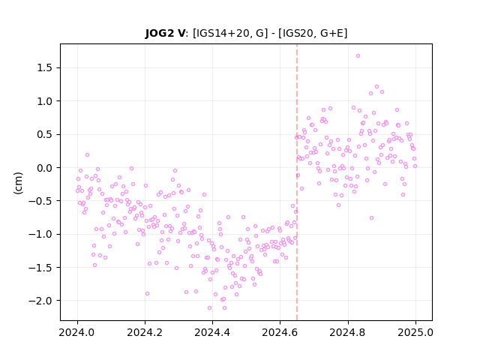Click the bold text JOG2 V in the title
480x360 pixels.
click(165, 33)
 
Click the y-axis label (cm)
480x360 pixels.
click(18, 183)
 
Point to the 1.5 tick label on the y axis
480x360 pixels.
click(44, 68)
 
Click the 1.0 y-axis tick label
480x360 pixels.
click(44, 101)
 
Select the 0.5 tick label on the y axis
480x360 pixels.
click(44, 135)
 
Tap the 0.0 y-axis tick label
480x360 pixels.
click(44, 168)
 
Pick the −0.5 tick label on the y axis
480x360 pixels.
click(40, 201)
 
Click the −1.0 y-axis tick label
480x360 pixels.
click(40, 235)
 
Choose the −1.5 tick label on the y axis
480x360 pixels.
click(40, 268)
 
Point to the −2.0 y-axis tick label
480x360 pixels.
click(40, 301)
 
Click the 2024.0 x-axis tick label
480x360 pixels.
click(77, 332)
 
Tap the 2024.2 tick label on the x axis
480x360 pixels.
click(145, 332)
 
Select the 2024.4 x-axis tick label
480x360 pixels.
click(212, 332)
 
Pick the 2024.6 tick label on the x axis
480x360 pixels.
click(280, 332)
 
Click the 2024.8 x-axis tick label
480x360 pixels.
click(348, 332)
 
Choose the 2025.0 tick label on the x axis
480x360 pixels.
click(415, 332)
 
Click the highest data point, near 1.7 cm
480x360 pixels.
click(358, 56)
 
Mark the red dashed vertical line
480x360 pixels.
click(297, 182)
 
